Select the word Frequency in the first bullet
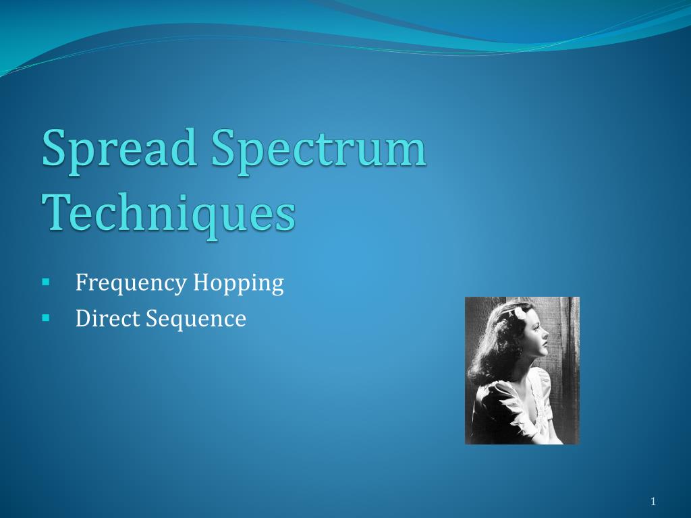tap(130, 283)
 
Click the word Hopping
tap(238, 283)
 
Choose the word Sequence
tap(196, 318)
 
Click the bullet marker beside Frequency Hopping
tap(46, 281)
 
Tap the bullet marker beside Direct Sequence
tap(46, 316)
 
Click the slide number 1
tap(653, 500)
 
